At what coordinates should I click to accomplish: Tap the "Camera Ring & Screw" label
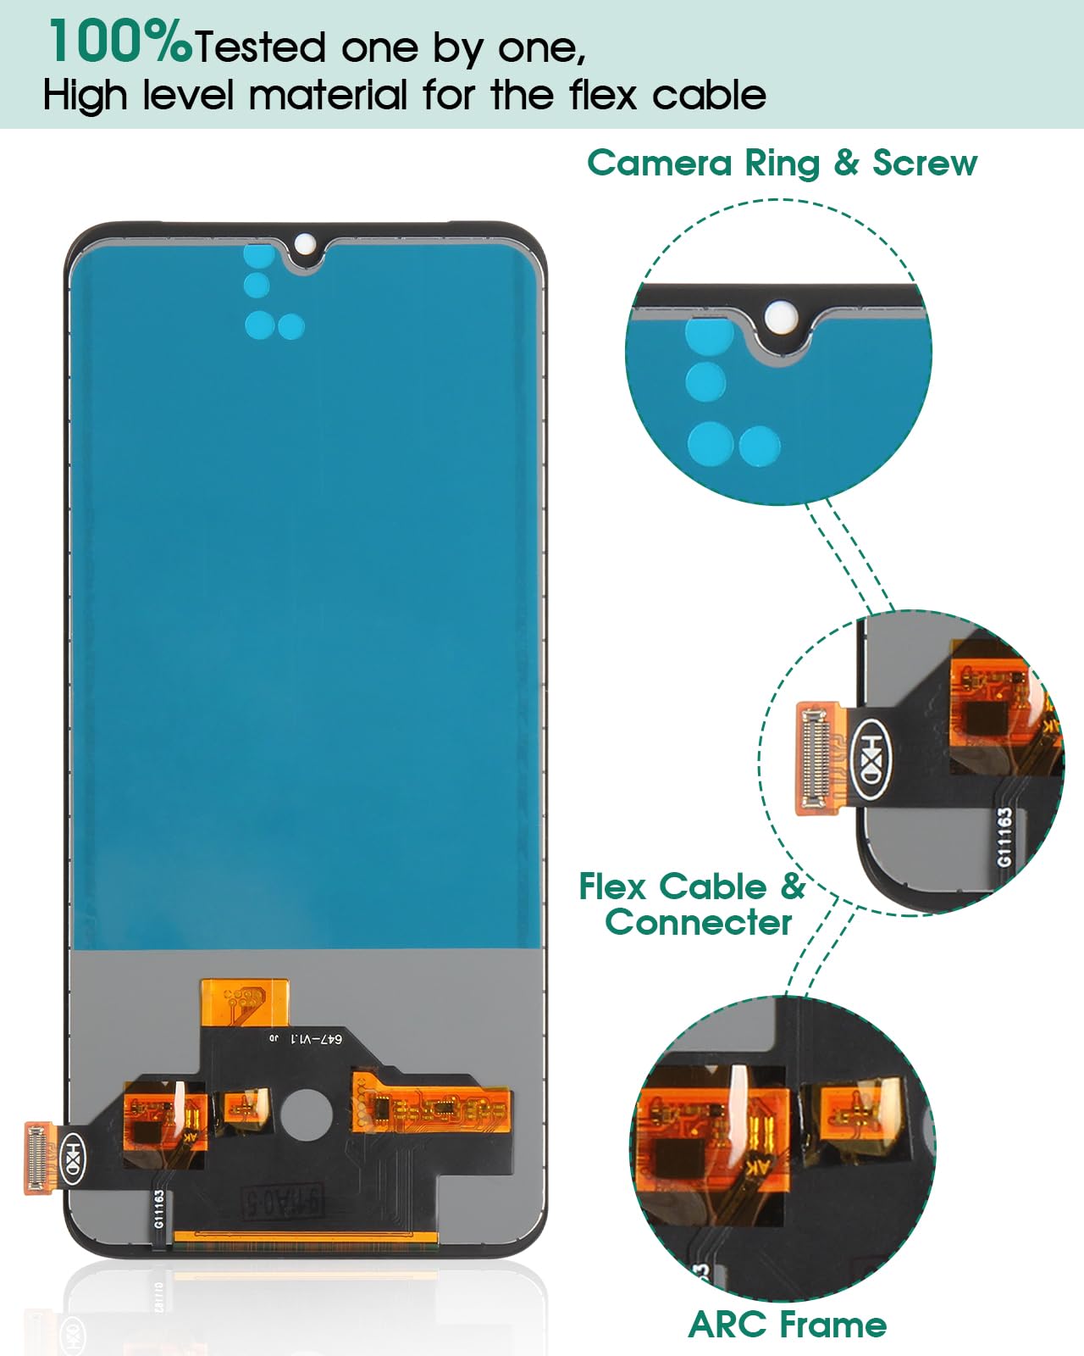tap(782, 163)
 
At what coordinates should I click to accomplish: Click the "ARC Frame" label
tap(788, 1324)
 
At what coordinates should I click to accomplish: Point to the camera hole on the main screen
tap(303, 245)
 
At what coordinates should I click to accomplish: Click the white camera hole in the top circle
tap(777, 317)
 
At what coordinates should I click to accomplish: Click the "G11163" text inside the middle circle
tap(1004, 837)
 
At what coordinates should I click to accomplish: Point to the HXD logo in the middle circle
tap(872, 759)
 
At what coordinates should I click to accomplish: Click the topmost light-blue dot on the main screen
tap(257, 253)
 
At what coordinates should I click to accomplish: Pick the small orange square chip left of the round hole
tap(244, 1105)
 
